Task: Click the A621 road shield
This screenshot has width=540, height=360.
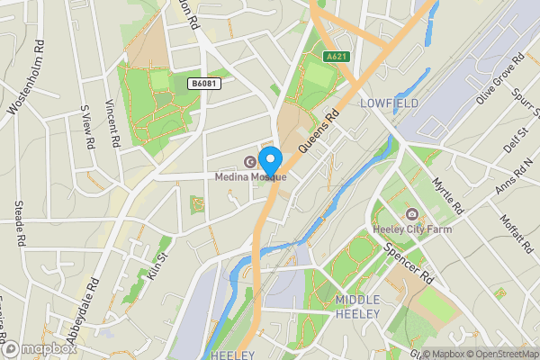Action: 337,57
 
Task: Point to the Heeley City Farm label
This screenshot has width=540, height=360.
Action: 409,229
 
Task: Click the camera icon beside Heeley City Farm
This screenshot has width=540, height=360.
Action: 411,214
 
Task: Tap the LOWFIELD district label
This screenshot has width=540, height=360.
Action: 389,104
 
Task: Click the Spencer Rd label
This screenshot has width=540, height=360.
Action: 409,263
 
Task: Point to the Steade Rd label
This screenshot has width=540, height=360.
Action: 19,223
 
